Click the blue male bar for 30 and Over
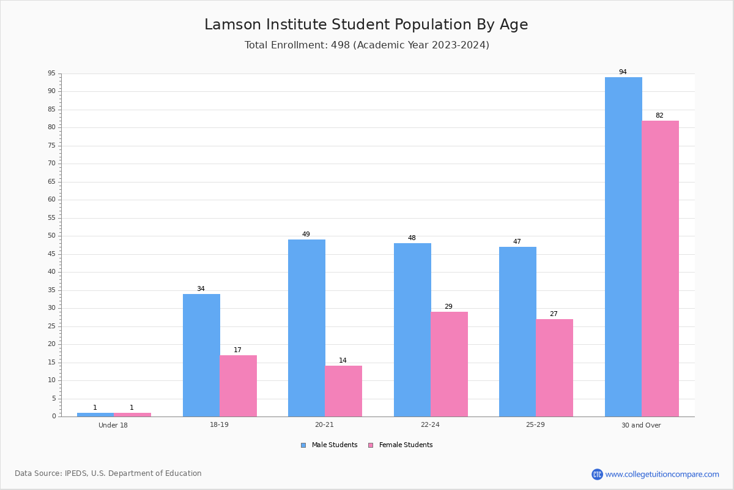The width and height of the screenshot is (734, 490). pos(623,247)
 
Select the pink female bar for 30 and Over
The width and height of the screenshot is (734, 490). pos(660,269)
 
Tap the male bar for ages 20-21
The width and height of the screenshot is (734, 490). pos(306,328)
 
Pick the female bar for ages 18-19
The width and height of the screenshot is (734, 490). pos(238,386)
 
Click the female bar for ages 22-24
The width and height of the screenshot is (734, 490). pos(449,364)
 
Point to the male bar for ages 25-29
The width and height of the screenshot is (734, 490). pos(517,332)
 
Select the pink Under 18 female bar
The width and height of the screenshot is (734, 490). pos(132,415)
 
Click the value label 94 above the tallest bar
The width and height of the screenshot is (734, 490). pos(623,72)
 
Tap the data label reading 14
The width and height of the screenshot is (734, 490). pos(343,360)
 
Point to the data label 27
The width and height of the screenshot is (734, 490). pos(554,314)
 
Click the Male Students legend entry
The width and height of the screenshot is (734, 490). pos(329,445)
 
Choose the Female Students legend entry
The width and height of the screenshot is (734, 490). pos(401,445)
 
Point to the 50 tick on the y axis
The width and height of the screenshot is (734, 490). pos(52,236)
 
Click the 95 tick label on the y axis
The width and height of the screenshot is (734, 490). pos(52,73)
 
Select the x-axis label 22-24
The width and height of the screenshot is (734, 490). pos(430,424)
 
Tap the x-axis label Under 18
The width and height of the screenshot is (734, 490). pos(113,425)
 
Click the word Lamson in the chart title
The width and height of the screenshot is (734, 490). pos(232,24)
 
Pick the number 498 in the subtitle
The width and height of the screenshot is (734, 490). pos(340,45)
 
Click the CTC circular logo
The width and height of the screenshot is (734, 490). pos(597,474)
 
